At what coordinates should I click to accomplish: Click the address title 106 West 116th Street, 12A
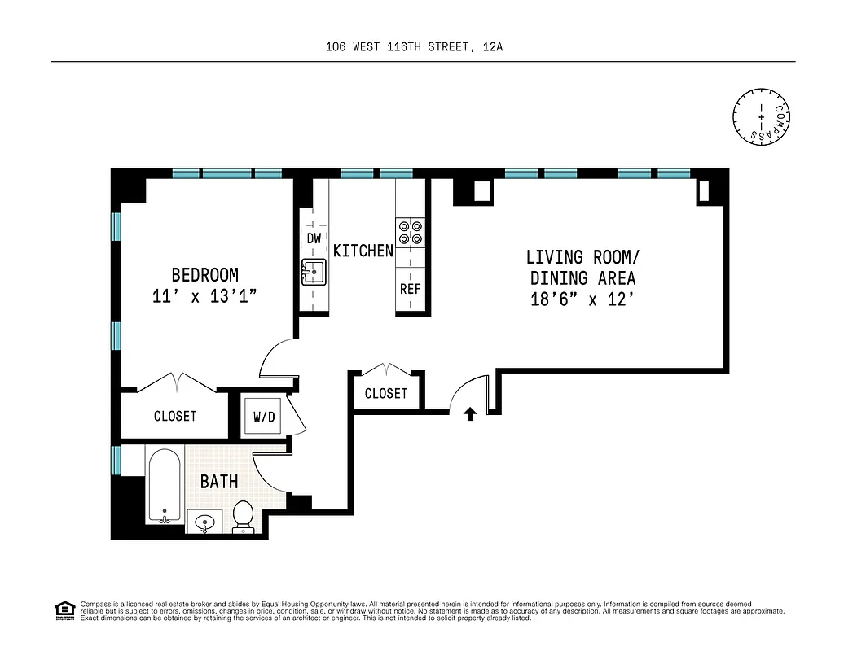413,46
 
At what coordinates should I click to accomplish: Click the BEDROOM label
204,275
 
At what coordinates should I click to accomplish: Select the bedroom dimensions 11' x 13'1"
204,297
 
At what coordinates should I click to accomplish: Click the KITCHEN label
363,251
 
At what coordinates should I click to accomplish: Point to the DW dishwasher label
314,238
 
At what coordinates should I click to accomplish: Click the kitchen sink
313,272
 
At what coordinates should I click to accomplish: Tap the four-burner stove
410,233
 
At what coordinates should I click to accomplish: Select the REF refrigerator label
410,289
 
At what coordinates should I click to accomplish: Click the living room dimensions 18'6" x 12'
581,299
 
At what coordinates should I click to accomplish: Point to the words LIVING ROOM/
581,257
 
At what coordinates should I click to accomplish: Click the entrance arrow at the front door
470,413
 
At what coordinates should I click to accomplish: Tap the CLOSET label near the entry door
386,394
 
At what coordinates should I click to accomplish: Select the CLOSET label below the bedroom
175,416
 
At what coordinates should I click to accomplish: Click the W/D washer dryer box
263,417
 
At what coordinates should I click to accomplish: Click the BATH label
219,481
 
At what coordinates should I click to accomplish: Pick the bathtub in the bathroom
165,487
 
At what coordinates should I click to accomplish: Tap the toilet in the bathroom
243,515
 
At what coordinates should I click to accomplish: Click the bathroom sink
204,521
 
